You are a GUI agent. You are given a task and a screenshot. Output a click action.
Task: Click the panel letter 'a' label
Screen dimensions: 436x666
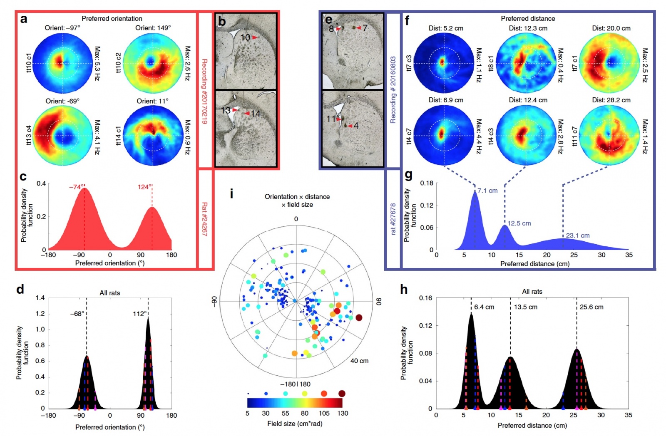[24, 19]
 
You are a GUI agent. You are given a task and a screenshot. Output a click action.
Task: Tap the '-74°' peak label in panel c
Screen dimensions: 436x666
[76, 187]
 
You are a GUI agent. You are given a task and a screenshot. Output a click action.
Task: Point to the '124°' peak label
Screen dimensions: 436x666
[144, 187]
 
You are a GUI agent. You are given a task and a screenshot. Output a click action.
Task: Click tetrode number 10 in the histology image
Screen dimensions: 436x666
[245, 37]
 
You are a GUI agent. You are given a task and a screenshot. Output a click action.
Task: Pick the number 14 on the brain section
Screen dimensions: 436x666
[255, 114]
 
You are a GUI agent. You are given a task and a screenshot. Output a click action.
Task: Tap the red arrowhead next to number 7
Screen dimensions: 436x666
[358, 28]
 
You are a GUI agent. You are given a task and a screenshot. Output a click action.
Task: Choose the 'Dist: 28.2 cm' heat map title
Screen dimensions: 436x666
[611, 100]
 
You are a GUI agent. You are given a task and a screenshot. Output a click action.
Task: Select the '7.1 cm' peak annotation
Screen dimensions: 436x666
[487, 191]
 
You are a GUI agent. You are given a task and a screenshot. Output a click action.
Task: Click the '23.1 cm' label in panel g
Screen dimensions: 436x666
[578, 235]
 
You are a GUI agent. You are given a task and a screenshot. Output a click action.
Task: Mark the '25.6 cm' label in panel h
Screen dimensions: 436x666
[591, 307]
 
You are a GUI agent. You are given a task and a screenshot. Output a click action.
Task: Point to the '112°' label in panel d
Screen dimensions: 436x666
[140, 314]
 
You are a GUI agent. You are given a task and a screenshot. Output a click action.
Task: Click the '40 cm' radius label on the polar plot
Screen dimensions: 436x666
[359, 361]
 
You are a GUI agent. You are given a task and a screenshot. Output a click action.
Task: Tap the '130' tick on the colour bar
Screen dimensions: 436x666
[343, 413]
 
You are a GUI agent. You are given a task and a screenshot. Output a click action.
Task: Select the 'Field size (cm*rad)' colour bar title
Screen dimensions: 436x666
[295, 424]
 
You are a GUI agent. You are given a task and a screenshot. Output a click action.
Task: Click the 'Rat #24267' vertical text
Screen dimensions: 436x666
[204, 219]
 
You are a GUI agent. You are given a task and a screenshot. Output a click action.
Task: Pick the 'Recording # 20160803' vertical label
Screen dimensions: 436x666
[393, 89]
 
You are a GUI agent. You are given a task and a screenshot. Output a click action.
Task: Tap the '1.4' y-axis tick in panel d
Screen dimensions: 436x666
[40, 298]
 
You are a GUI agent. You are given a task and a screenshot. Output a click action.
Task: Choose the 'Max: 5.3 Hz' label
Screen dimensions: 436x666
[97, 63]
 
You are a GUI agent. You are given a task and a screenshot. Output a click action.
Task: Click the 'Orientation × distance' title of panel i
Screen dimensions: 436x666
[297, 196]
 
